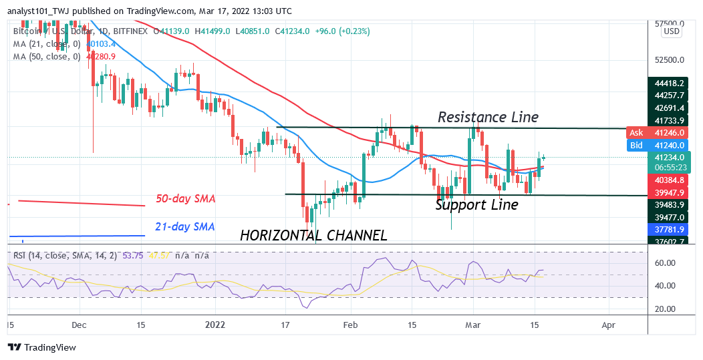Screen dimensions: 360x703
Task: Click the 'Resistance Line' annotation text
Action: tap(488, 117)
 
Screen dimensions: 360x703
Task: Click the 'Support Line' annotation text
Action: tap(476, 205)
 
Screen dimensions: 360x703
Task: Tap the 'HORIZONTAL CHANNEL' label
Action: tap(313, 235)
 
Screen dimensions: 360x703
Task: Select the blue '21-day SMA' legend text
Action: tap(186, 227)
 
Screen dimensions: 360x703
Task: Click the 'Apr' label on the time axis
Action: tap(608, 325)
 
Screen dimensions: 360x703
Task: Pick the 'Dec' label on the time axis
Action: tap(79, 325)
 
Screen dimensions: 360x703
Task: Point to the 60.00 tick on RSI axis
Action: tap(665, 263)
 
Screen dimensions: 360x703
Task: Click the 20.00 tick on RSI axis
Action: tap(665, 309)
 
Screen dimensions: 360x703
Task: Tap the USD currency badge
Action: tap(671, 31)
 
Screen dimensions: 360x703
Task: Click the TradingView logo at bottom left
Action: tap(41, 347)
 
